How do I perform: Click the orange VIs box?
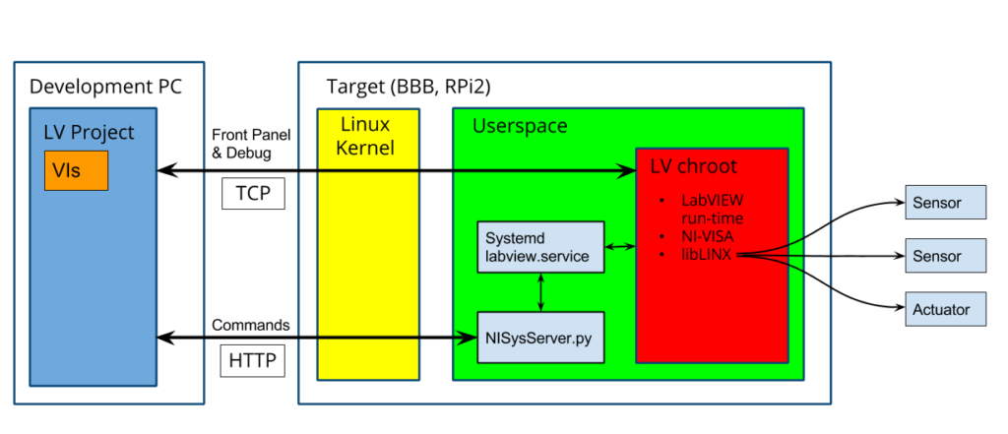click(x=75, y=171)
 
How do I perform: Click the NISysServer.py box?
click(x=539, y=338)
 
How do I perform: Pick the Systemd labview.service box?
click(x=539, y=248)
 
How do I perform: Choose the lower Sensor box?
click(x=945, y=256)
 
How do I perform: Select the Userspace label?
click(x=519, y=126)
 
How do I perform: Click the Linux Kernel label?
click(x=367, y=136)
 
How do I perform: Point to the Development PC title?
click(x=104, y=87)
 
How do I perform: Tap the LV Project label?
click(x=89, y=133)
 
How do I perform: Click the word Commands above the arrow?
click(x=251, y=325)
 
